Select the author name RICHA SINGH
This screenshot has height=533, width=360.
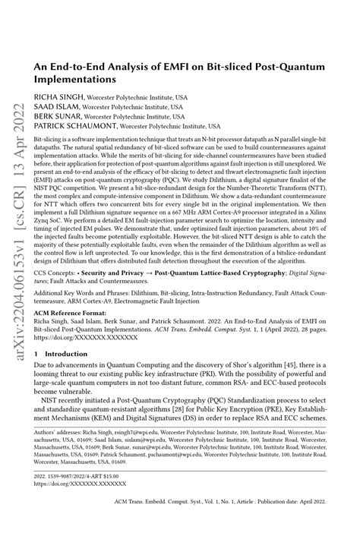(57, 98)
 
